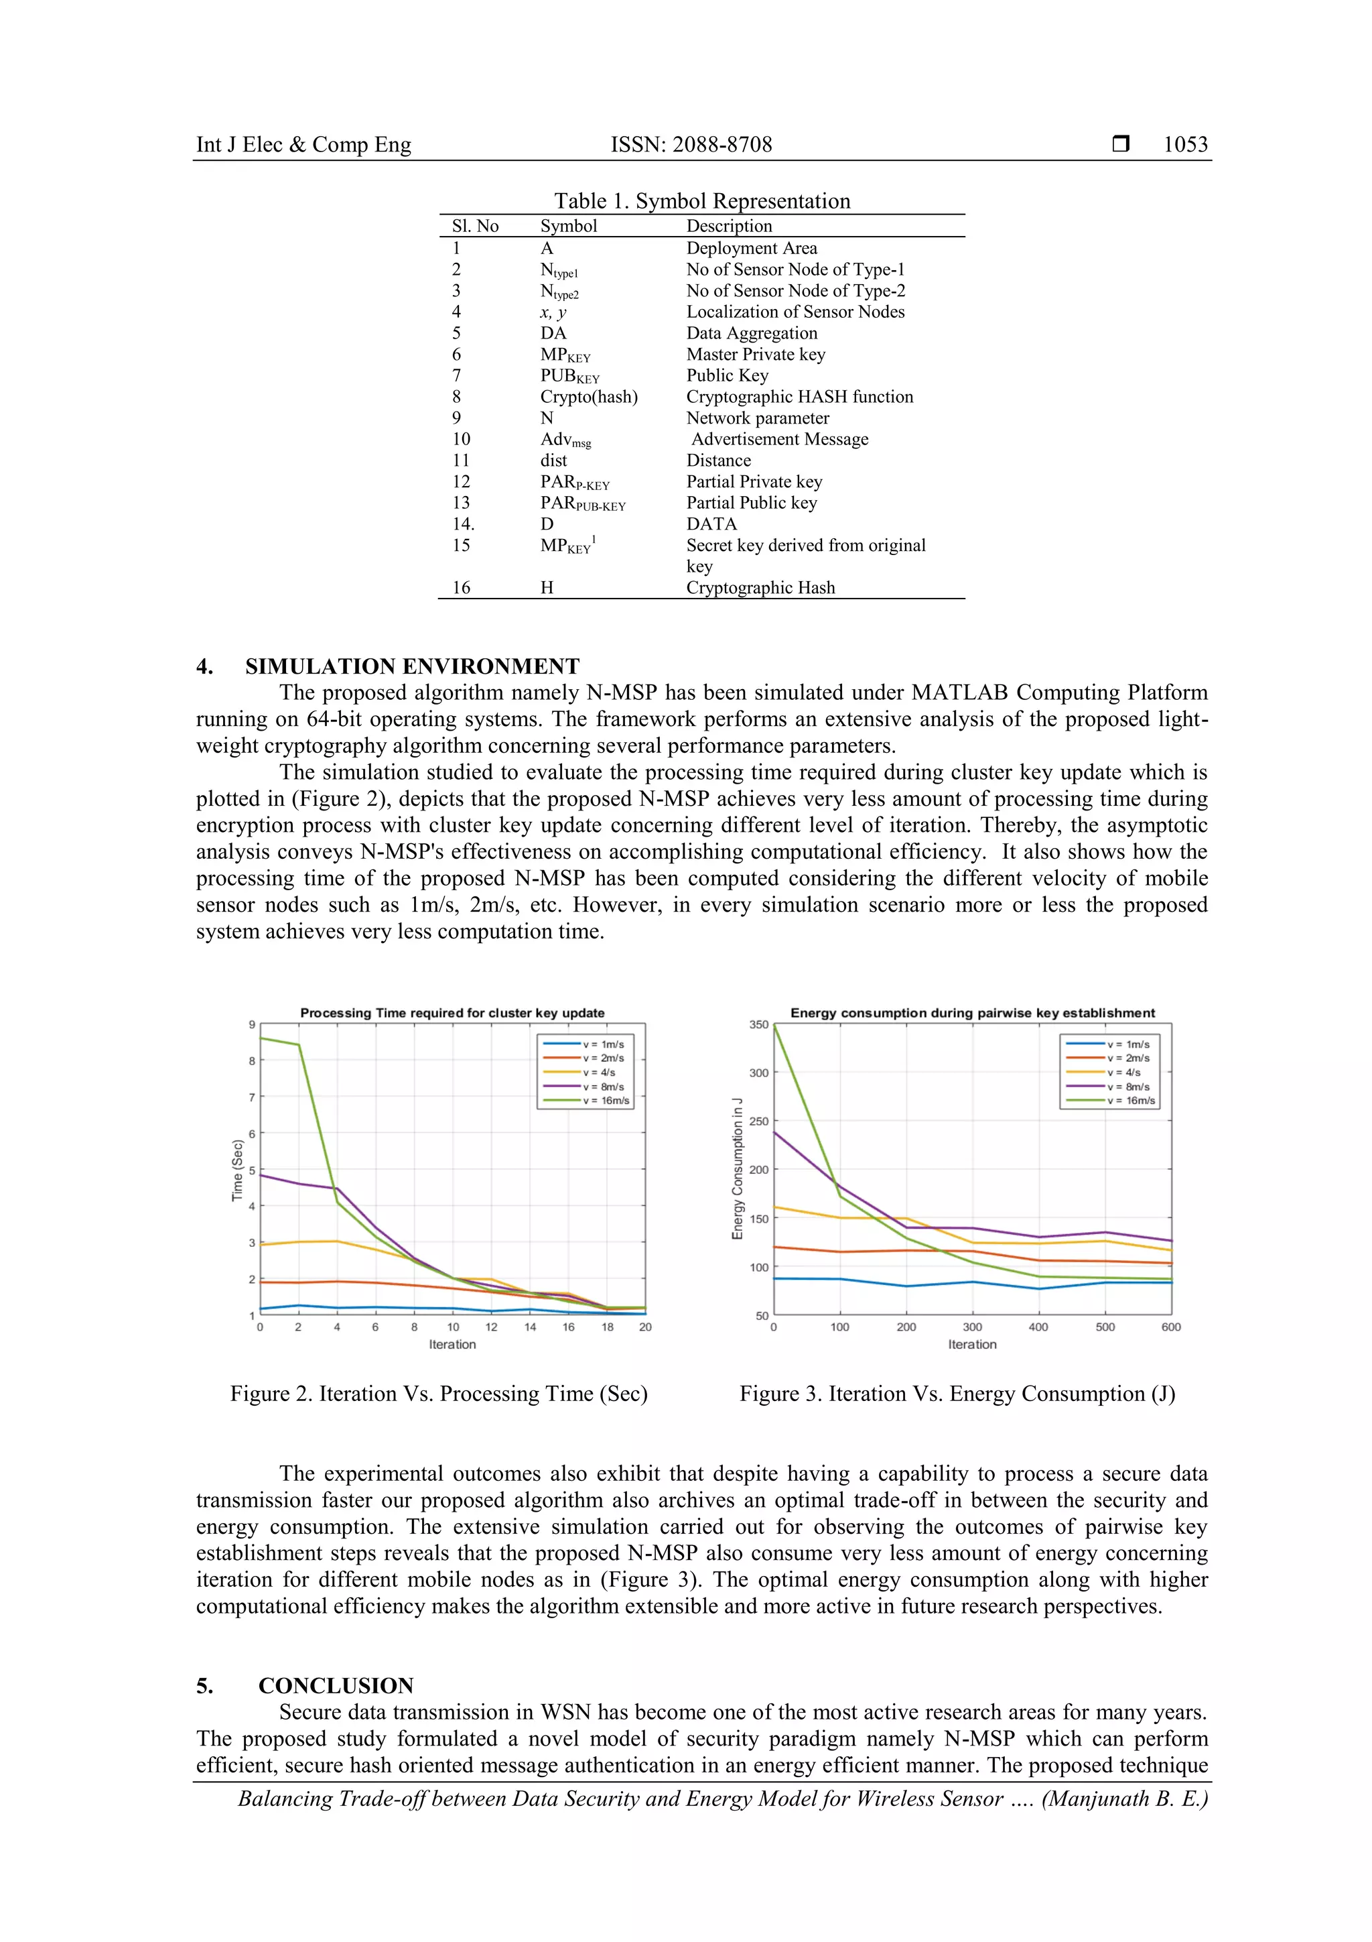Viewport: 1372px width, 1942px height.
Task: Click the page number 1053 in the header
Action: click(1185, 145)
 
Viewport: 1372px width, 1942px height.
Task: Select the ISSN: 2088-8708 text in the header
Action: click(691, 145)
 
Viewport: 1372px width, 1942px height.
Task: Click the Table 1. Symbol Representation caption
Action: click(701, 200)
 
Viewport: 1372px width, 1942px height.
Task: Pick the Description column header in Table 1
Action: click(729, 226)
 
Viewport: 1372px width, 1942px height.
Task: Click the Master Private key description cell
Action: click(755, 355)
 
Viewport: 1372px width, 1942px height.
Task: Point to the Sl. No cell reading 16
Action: click(461, 588)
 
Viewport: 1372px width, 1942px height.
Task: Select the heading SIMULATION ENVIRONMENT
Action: click(412, 666)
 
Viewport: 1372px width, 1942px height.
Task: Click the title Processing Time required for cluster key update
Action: click(452, 1012)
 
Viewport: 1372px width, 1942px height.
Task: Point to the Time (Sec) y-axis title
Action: click(238, 1170)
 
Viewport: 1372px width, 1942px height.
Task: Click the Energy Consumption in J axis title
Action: click(737, 1169)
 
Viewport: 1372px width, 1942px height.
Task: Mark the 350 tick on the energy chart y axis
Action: click(758, 1024)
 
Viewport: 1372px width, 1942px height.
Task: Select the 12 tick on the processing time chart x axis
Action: click(491, 1327)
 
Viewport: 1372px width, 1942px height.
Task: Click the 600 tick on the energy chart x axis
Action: click(1171, 1327)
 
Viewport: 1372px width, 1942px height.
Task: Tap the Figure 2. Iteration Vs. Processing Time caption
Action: click(439, 1394)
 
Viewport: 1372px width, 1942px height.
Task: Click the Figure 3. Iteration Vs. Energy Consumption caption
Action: click(957, 1394)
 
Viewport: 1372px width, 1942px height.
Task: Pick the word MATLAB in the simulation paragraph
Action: click(960, 692)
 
